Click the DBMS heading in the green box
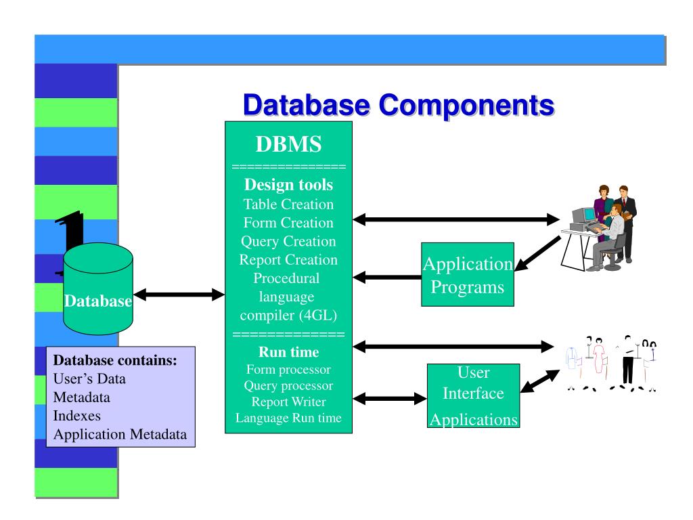288,144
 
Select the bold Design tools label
288,186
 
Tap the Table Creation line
288,204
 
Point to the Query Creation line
288,241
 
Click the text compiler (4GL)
288,316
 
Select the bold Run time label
288,352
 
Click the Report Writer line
288,402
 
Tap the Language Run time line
288,418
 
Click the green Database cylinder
99,288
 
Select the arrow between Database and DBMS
179,295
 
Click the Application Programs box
467,275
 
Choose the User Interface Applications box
473,396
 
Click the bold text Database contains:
115,361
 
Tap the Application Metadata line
120,434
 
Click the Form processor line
288,370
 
